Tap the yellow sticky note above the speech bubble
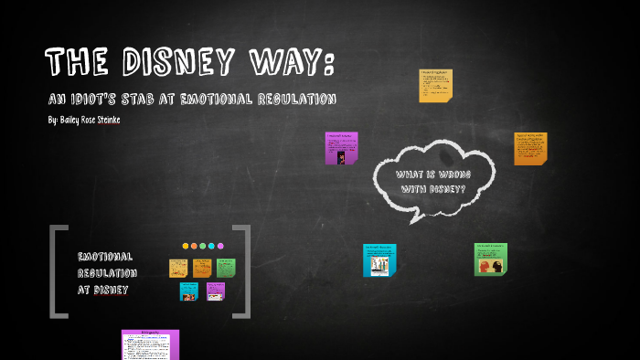click(435, 85)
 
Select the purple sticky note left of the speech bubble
click(341, 148)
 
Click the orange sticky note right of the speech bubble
click(530, 148)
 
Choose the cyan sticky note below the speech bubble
click(379, 259)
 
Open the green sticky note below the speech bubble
click(491, 259)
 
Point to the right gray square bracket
click(242, 271)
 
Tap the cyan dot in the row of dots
click(211, 246)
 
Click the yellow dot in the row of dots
click(186, 246)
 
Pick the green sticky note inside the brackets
click(226, 268)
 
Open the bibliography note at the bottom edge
click(151, 344)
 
